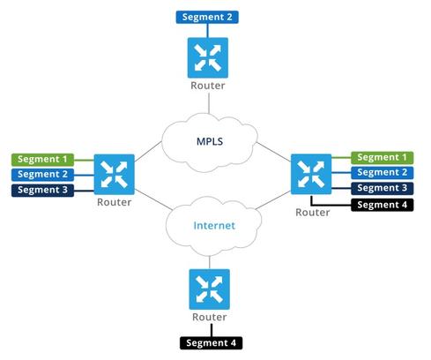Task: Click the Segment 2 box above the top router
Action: pyautogui.click(x=207, y=17)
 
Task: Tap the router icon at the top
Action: pyautogui.click(x=208, y=58)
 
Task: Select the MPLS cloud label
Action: pyautogui.click(x=210, y=141)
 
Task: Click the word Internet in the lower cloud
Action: pyautogui.click(x=214, y=226)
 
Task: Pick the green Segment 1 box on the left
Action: pyautogui.click(x=42, y=160)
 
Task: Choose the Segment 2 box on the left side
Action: pyautogui.click(x=42, y=175)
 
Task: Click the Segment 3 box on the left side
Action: pyautogui.click(x=42, y=190)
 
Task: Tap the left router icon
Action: pyautogui.click(x=115, y=175)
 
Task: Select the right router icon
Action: pyautogui.click(x=311, y=174)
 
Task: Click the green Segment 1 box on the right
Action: pyautogui.click(x=383, y=158)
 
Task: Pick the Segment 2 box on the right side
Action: pyautogui.click(x=383, y=173)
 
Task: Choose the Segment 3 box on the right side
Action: pyautogui.click(x=383, y=188)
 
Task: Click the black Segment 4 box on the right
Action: pyautogui.click(x=383, y=205)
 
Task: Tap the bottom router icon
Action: pyautogui.click(x=210, y=289)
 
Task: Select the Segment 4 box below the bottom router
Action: pyautogui.click(x=212, y=343)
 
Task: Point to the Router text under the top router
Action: pyautogui.click(x=208, y=86)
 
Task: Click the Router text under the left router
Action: pyautogui.click(x=114, y=202)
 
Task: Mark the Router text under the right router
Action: pyautogui.click(x=313, y=213)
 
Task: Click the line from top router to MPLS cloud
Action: pyautogui.click(x=209, y=103)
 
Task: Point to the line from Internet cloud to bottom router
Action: pyautogui.click(x=210, y=262)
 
